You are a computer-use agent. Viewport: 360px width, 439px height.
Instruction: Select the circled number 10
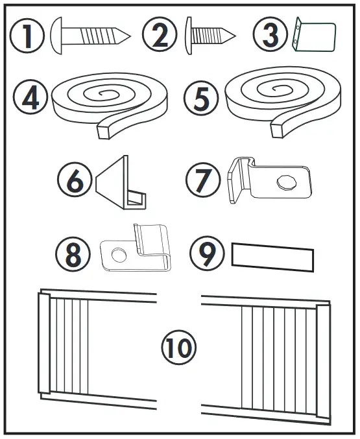point(178,347)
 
